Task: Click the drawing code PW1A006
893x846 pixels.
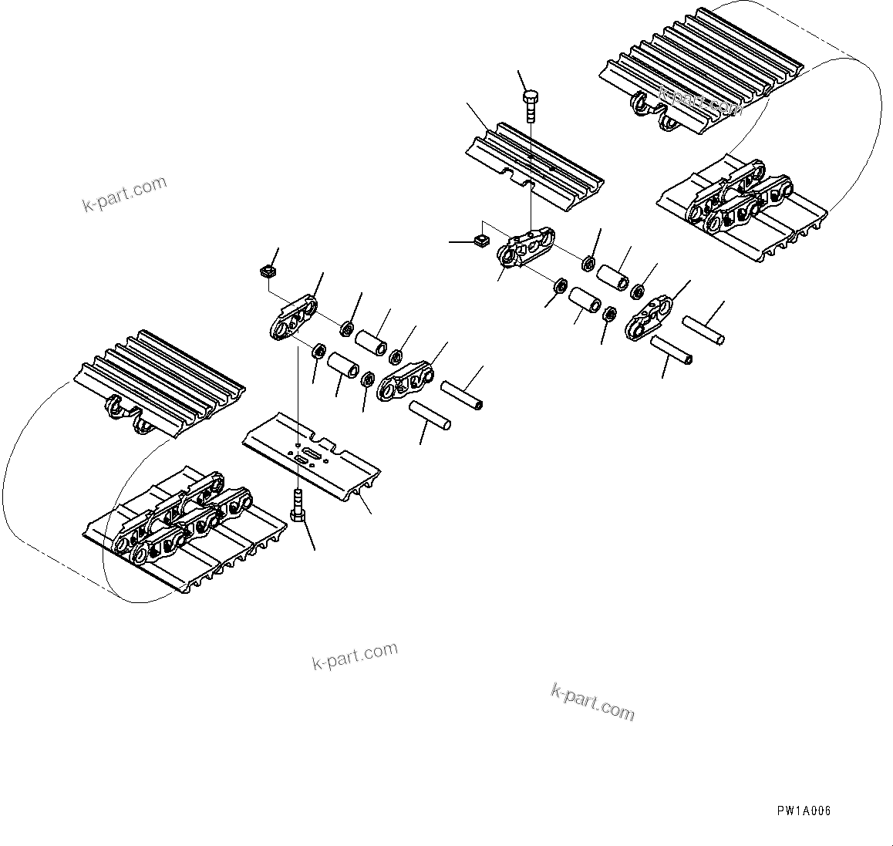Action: point(804,811)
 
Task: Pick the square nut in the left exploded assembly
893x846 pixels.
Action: point(267,271)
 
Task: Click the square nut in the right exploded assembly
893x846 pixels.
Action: point(480,242)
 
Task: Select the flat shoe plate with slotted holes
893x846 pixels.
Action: point(312,455)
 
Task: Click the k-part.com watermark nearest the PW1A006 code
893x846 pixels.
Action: point(592,701)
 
